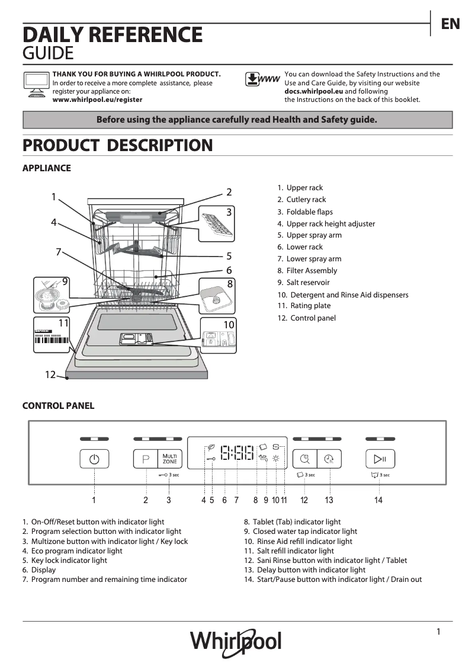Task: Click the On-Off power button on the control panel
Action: (x=94, y=459)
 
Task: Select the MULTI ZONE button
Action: (x=169, y=459)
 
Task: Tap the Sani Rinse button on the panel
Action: (x=304, y=459)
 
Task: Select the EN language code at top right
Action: (x=450, y=24)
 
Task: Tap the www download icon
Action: (x=262, y=79)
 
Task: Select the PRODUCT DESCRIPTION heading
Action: (x=117, y=145)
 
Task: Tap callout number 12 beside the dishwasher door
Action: (x=50, y=375)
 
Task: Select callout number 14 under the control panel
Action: (x=378, y=500)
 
